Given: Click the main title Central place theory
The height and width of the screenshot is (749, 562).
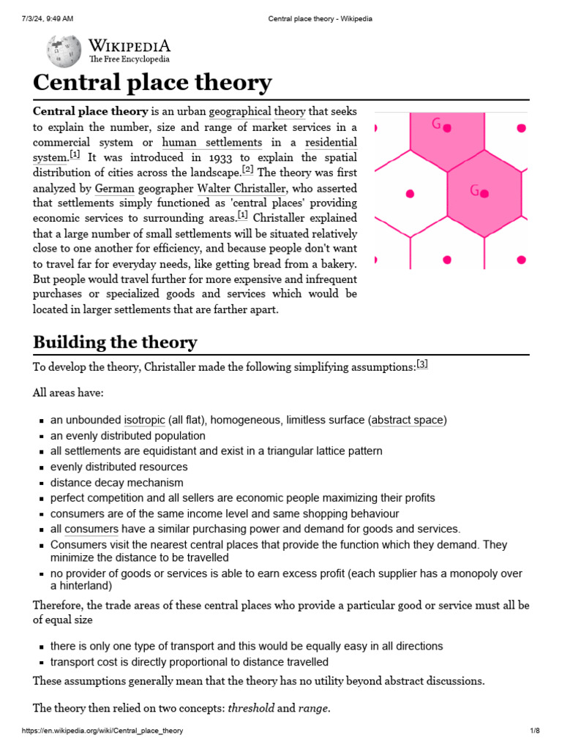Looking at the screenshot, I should (152, 83).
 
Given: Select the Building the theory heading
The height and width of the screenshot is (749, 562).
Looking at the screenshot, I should (115, 342).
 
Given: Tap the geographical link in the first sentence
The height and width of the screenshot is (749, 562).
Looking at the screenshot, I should (239, 111).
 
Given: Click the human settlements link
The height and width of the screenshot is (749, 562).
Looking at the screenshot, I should (211, 142).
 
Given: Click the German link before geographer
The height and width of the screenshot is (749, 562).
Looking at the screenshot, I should (115, 188).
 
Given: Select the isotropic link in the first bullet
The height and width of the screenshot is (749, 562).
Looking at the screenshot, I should (144, 420).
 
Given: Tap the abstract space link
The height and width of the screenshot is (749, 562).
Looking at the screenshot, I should (408, 420).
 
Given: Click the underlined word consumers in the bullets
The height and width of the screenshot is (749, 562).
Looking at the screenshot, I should (91, 529).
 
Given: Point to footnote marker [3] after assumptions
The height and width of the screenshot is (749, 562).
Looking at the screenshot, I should (421, 364).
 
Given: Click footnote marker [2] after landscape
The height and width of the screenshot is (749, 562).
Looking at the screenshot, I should (247, 170).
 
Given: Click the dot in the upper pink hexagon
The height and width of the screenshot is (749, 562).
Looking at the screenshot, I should (447, 128).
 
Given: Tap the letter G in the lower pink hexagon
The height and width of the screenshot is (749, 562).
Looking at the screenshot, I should (474, 191).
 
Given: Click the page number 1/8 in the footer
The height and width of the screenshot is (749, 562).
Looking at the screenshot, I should (534, 731).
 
